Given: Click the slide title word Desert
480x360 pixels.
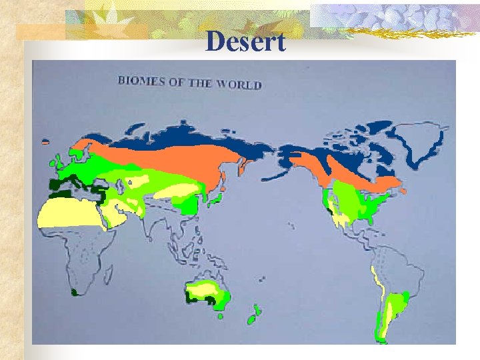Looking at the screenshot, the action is point(245,42).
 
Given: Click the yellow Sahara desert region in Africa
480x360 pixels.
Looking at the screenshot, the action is point(67,213).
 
